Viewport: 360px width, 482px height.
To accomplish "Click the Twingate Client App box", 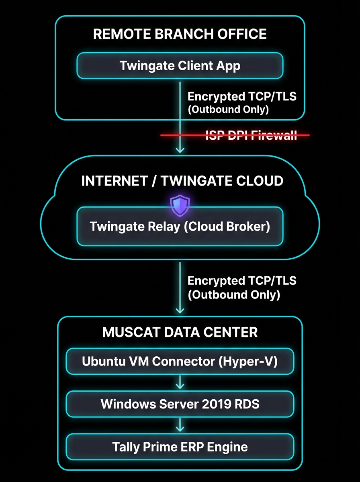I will pyautogui.click(x=180, y=65).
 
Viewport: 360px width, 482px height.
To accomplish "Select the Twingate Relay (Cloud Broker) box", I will pyautogui.click(x=180, y=226).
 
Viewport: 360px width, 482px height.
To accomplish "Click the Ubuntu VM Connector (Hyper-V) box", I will pyautogui.click(x=180, y=361).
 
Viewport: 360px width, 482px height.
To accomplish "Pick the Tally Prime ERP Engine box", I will pyautogui.click(x=180, y=446).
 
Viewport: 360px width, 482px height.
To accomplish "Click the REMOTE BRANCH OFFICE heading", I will pyautogui.click(x=180, y=34).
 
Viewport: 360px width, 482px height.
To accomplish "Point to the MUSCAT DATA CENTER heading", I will pyautogui.click(x=180, y=332).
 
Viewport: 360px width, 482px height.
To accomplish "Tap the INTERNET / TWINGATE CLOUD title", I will pyautogui.click(x=182, y=181).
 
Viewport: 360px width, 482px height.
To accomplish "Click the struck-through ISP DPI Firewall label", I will pyautogui.click(x=251, y=135).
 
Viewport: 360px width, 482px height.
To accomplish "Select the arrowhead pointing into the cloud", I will pyautogui.click(x=180, y=149).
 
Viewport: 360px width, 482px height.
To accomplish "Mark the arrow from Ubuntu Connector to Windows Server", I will pyautogui.click(x=180, y=382).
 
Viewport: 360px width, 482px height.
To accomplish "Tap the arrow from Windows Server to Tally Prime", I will pyautogui.click(x=180, y=425).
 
